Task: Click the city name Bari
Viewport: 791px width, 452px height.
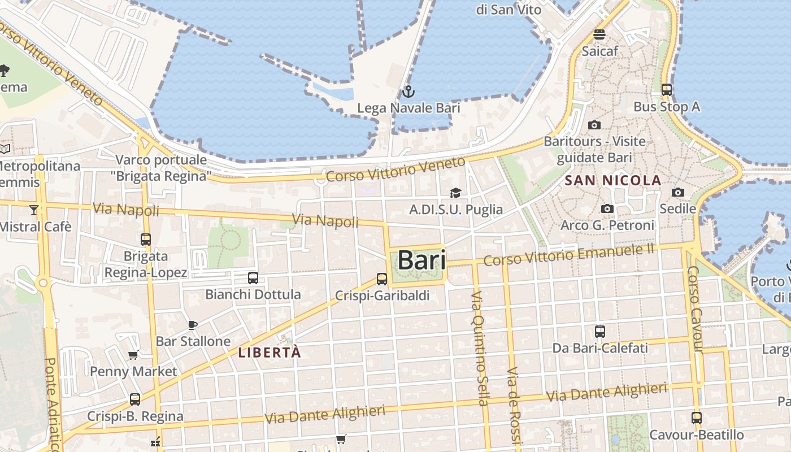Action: (421, 260)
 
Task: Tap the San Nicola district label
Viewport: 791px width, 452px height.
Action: (613, 181)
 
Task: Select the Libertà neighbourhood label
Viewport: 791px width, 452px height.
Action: (270, 353)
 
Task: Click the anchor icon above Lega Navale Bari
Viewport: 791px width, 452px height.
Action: (408, 91)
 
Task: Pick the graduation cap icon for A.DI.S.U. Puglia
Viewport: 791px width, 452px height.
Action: (455, 193)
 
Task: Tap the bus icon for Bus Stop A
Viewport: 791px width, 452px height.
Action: (667, 89)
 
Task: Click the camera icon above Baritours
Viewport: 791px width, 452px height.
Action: (594, 125)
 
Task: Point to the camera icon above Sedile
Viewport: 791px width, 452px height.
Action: (678, 192)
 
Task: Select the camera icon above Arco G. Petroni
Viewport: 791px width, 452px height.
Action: (607, 208)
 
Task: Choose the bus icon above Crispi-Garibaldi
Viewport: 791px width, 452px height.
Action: (382, 279)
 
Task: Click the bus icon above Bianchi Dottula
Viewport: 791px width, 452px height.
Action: (253, 277)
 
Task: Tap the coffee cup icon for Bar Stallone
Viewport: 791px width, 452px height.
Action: (193, 325)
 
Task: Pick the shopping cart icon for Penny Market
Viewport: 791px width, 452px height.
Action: (133, 355)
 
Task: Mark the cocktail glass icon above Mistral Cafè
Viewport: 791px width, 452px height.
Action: (34, 210)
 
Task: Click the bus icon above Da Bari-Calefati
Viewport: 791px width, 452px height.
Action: (600, 331)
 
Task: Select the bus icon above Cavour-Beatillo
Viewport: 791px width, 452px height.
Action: (697, 418)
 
